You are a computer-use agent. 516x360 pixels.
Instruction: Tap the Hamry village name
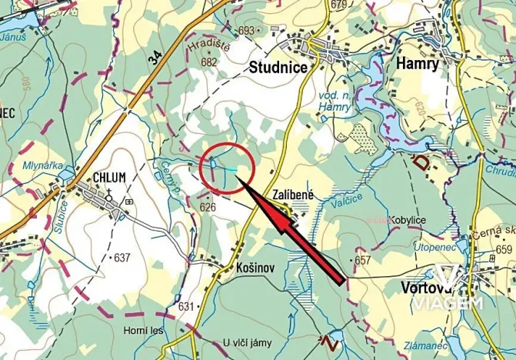point(418,64)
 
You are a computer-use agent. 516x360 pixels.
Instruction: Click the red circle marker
point(227,167)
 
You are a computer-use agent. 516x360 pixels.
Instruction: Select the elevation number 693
point(245,31)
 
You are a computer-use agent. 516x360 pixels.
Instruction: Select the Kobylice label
point(408,220)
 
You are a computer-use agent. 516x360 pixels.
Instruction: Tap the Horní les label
point(141,332)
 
